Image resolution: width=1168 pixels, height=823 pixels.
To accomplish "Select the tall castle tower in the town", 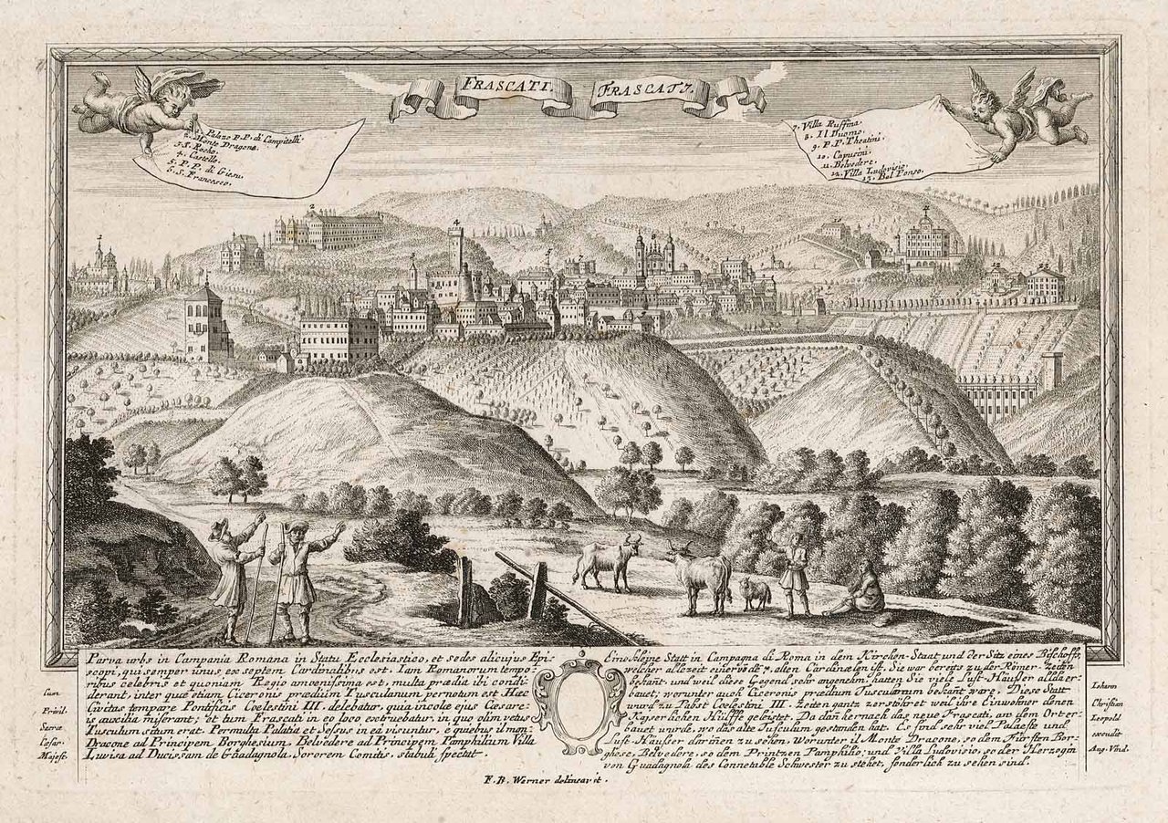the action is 455,255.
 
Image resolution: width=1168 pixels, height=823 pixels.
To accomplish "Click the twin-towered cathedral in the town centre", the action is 654,255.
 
